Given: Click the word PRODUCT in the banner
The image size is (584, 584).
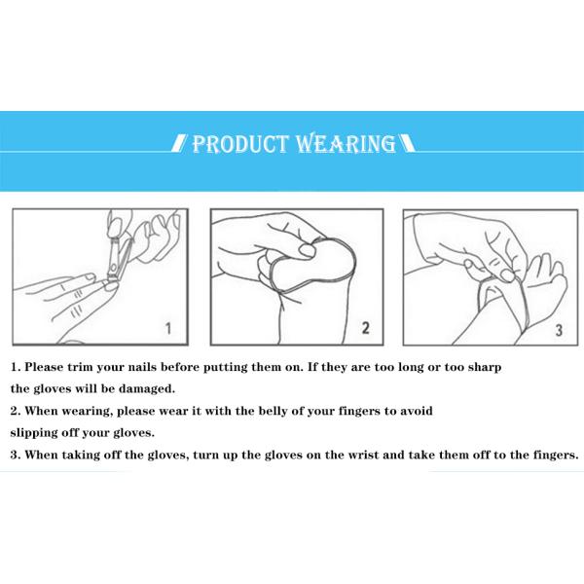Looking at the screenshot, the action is click(240, 144).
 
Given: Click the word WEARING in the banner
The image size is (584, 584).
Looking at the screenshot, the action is click(346, 144).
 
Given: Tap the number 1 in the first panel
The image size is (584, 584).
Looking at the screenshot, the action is click(168, 329).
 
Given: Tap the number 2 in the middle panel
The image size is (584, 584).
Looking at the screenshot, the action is click(366, 328).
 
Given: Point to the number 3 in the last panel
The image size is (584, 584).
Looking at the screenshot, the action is click(559, 330).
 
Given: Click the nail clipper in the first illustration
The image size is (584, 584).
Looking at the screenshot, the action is click(118, 261).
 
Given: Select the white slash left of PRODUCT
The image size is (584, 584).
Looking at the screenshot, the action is click(179, 143).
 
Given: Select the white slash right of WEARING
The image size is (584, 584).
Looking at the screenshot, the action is click(407, 143).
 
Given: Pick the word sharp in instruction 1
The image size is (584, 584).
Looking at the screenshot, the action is click(485, 368).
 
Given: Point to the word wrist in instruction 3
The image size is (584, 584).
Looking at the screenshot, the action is click(363, 456).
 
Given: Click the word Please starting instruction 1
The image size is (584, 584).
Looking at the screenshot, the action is click(44, 367).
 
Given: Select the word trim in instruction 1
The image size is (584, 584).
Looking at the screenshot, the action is click(80, 367).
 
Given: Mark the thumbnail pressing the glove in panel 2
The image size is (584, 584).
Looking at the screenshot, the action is click(308, 250).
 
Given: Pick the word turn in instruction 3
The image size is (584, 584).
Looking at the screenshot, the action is click(206, 456).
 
